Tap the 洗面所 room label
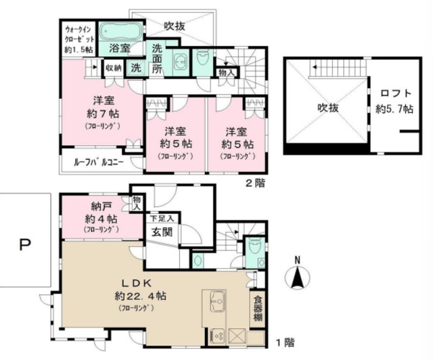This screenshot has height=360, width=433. (156, 58)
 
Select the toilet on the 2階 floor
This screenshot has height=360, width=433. (201, 61)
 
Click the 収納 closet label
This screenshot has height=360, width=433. (113, 67)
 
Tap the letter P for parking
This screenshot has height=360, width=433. (24, 246)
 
